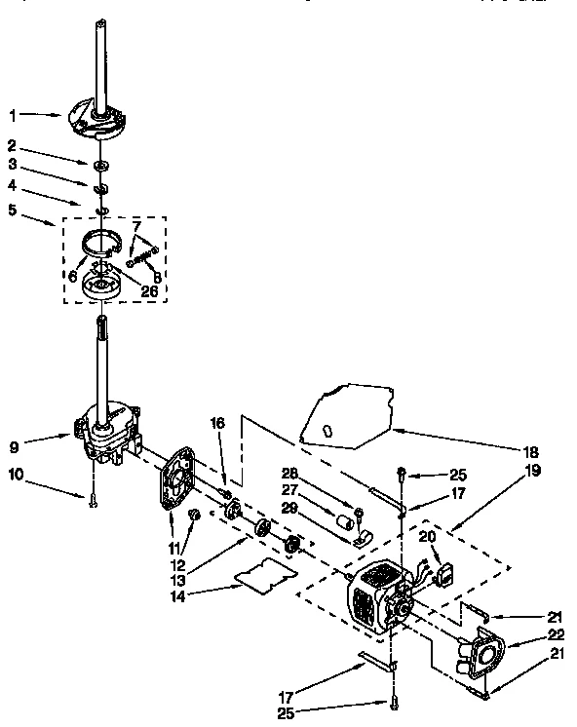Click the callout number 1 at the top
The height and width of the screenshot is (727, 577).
click(12, 115)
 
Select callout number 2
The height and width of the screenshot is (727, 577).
click(12, 147)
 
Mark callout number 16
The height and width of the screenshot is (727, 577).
click(215, 423)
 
